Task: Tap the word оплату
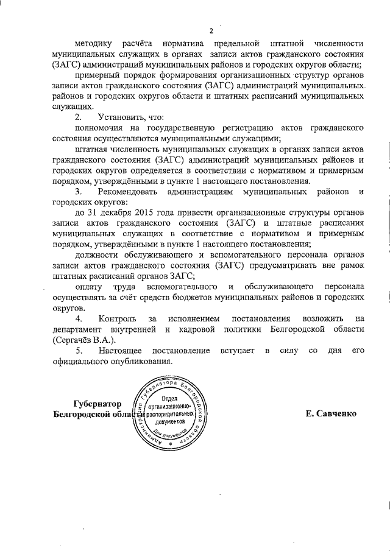(89, 286)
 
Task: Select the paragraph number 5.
(78, 351)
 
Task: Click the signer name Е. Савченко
(331, 413)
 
